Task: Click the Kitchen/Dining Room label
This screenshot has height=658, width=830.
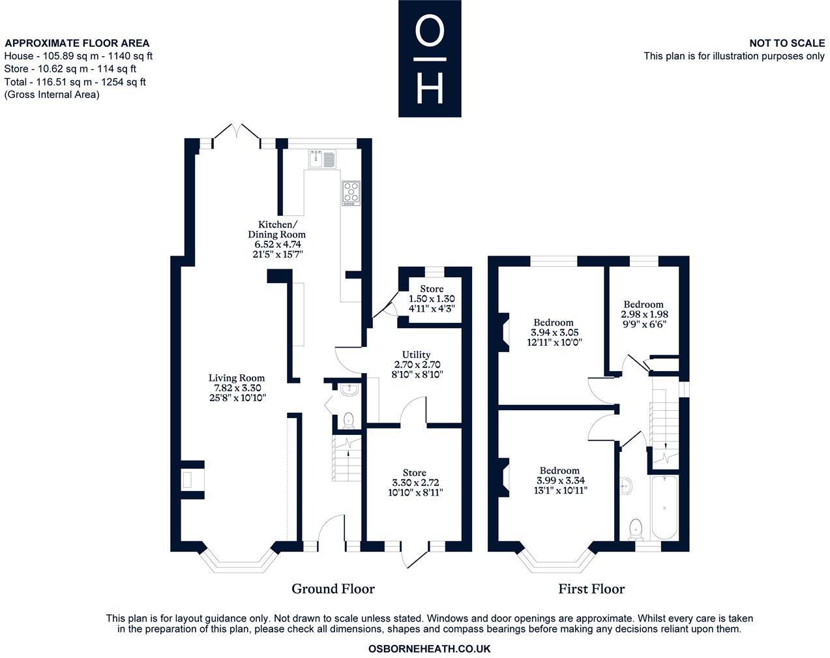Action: tap(276, 230)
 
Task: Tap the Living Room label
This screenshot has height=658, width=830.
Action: tap(237, 378)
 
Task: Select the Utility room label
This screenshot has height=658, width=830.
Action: tap(416, 355)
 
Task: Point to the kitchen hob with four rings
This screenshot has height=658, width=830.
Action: tap(351, 193)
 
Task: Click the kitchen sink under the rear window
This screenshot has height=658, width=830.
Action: tap(322, 159)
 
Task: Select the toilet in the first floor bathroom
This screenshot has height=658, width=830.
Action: tap(635, 530)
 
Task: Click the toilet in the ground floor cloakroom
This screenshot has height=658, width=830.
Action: tap(349, 421)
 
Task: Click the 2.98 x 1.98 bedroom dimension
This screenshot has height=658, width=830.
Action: tap(644, 314)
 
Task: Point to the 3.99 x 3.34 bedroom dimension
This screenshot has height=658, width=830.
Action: tap(561, 481)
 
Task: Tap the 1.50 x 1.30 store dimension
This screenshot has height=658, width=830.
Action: tap(432, 299)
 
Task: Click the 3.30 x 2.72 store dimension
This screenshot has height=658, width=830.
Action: tap(415, 483)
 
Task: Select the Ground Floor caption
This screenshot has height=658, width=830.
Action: tap(333, 589)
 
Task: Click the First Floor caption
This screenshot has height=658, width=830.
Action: tap(591, 589)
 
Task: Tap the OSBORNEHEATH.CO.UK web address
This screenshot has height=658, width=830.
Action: tap(429, 649)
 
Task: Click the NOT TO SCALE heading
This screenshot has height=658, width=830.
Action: tap(787, 43)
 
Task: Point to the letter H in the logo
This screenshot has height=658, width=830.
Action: tap(430, 89)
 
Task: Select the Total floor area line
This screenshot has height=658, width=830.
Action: tap(75, 82)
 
